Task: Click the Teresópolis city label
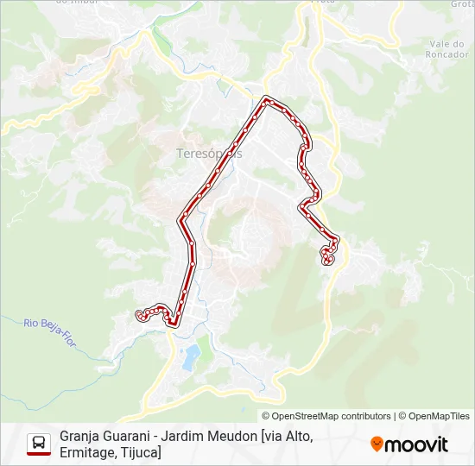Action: pos(208,153)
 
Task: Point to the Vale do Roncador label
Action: pos(447,49)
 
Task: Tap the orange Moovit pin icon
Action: pos(377,444)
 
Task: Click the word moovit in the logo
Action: pos(416,444)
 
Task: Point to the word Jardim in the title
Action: pos(190,437)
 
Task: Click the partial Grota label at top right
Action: pos(462,4)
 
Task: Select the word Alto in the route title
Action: pos(297,437)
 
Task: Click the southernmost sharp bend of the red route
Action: pos(174,324)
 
